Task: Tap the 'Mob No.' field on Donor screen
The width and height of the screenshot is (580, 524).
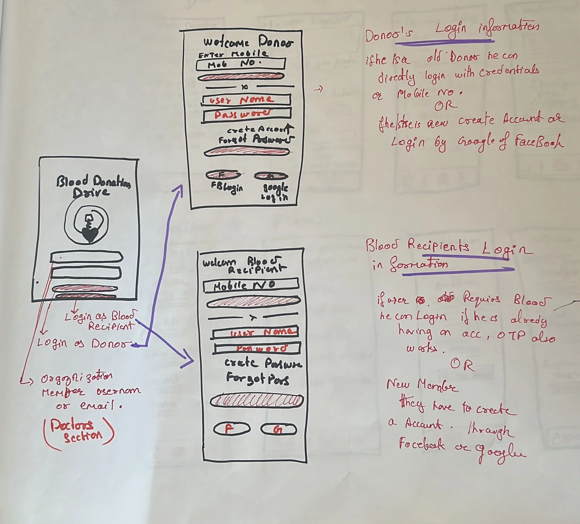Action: (x=240, y=64)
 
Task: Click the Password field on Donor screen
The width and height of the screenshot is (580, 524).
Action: (x=247, y=114)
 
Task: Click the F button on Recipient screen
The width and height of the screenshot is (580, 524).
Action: (x=231, y=429)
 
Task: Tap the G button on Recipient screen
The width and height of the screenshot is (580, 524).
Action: (x=278, y=430)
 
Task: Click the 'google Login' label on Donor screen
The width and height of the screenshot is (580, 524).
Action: (x=275, y=192)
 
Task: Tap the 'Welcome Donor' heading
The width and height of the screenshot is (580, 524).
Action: (x=248, y=42)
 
